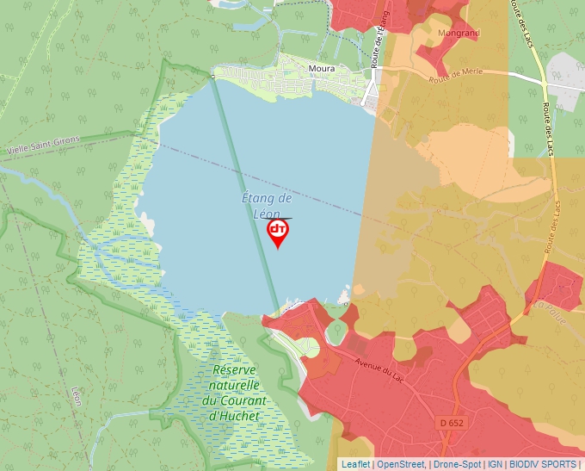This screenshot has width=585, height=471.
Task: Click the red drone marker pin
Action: click(278, 232)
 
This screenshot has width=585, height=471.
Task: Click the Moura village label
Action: click(322, 68)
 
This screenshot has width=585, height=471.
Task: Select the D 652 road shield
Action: click(452, 423)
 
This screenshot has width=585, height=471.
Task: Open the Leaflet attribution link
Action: click(355, 464)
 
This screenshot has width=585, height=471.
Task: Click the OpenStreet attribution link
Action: click(400, 464)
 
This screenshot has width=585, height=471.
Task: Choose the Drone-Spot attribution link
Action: click(457, 464)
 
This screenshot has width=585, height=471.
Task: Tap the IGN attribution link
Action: click(495, 464)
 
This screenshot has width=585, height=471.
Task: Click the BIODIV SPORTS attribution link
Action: click(542, 464)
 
